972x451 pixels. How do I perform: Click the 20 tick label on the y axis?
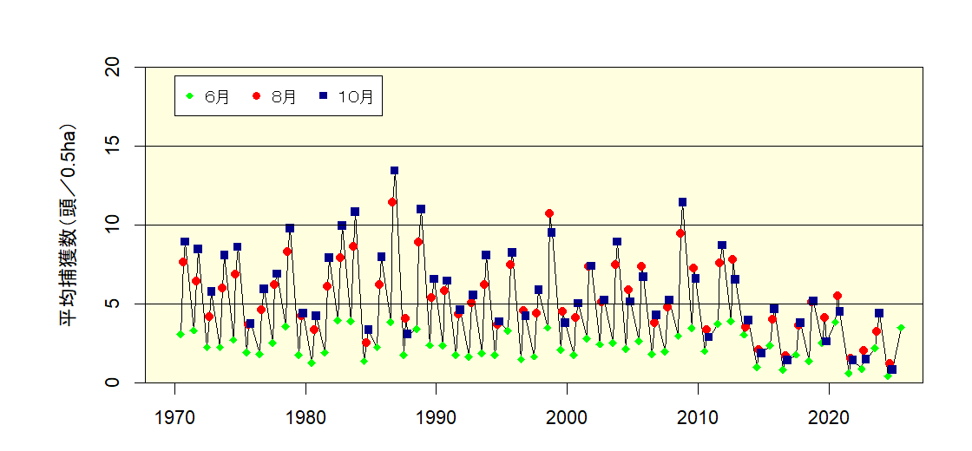click(112, 68)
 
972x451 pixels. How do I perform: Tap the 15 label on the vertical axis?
click(112, 146)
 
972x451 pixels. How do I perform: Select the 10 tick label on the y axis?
click(112, 225)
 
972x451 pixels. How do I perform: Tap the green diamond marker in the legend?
click(190, 96)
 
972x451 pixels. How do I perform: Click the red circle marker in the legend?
click(257, 96)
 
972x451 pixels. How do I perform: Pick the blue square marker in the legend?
click(323, 96)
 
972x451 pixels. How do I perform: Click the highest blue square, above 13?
click(394, 171)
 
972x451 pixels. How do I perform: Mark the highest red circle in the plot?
click(392, 202)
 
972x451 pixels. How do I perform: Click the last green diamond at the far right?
click(901, 328)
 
